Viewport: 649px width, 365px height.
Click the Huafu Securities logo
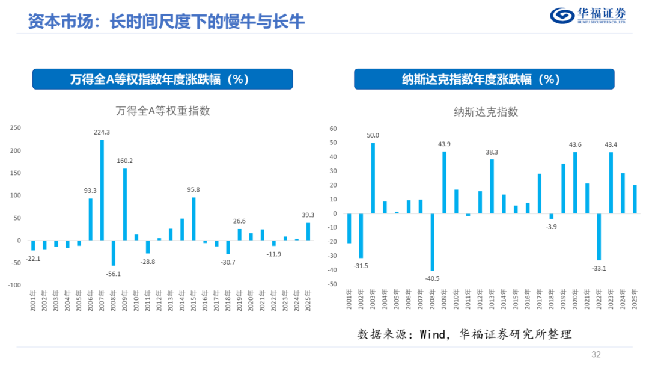coord(587,16)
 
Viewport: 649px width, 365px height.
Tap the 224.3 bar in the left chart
coord(102,190)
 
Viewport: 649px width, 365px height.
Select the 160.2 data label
coord(124,161)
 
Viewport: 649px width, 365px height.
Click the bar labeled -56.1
coord(114,253)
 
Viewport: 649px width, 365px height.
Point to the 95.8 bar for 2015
coord(193,219)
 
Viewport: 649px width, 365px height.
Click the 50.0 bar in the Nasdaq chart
coord(373,178)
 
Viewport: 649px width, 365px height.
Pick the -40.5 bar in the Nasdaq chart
coord(433,242)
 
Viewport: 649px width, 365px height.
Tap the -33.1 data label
coord(599,268)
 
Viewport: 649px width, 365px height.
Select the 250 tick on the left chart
coord(15,128)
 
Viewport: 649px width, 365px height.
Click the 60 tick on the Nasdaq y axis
coord(333,129)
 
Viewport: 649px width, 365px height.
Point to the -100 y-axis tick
coord(14,285)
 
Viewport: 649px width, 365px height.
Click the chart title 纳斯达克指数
coord(486,112)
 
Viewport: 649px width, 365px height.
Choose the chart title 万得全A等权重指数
coord(163,111)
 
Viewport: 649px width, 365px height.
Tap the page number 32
coord(596,355)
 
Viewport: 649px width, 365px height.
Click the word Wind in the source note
coord(432,334)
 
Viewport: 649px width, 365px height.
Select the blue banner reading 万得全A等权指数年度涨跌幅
coord(163,79)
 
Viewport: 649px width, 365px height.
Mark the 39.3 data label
coord(308,215)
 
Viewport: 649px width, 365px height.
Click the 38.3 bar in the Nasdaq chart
coord(492,186)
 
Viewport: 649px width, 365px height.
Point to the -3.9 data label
coord(551,227)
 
